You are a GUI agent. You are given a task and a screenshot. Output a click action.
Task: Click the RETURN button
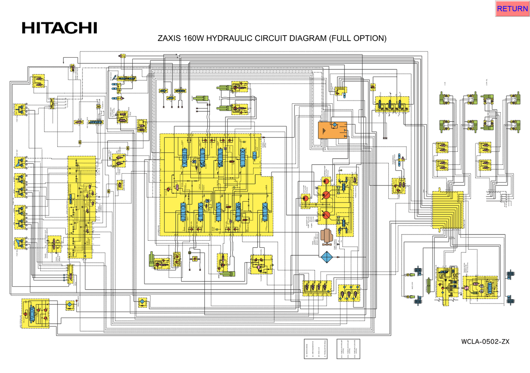(x=512, y=9)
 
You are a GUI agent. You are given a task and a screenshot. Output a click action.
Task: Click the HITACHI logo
(x=59, y=28)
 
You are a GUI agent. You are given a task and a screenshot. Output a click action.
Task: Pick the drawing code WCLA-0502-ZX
(x=485, y=341)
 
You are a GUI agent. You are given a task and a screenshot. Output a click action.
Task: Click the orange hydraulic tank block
(x=332, y=130)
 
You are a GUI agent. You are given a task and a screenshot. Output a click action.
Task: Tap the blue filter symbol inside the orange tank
(x=335, y=125)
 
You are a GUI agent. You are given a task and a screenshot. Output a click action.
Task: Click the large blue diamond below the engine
(x=326, y=257)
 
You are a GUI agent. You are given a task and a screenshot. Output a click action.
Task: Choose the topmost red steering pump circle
(x=326, y=181)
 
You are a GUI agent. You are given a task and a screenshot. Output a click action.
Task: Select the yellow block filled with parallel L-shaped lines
(x=447, y=210)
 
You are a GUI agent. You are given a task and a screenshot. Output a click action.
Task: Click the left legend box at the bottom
(x=315, y=349)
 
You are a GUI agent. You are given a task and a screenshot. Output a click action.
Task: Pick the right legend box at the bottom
(x=348, y=349)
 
